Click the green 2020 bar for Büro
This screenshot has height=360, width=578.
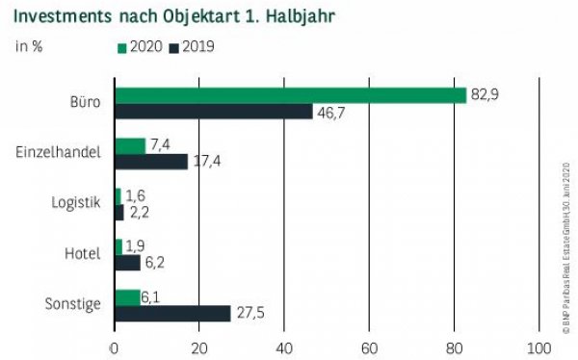[x=289, y=95]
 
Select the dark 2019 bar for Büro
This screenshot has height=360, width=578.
[x=213, y=112]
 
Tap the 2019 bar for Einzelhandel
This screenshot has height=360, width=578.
[x=150, y=162]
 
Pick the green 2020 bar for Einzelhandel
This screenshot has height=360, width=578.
[x=129, y=145]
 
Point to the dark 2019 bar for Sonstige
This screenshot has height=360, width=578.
[x=171, y=314]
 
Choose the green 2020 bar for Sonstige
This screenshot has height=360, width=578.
[x=126, y=297]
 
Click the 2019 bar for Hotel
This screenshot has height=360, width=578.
[x=126, y=263]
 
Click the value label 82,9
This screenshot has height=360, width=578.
[x=484, y=94]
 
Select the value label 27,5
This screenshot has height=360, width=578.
[x=252, y=314]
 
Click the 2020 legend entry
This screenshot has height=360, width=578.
[x=141, y=46]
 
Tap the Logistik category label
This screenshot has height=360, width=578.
[x=75, y=203]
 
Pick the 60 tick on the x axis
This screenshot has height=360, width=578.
[x=369, y=347]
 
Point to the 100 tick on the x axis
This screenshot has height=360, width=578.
[x=539, y=347]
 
